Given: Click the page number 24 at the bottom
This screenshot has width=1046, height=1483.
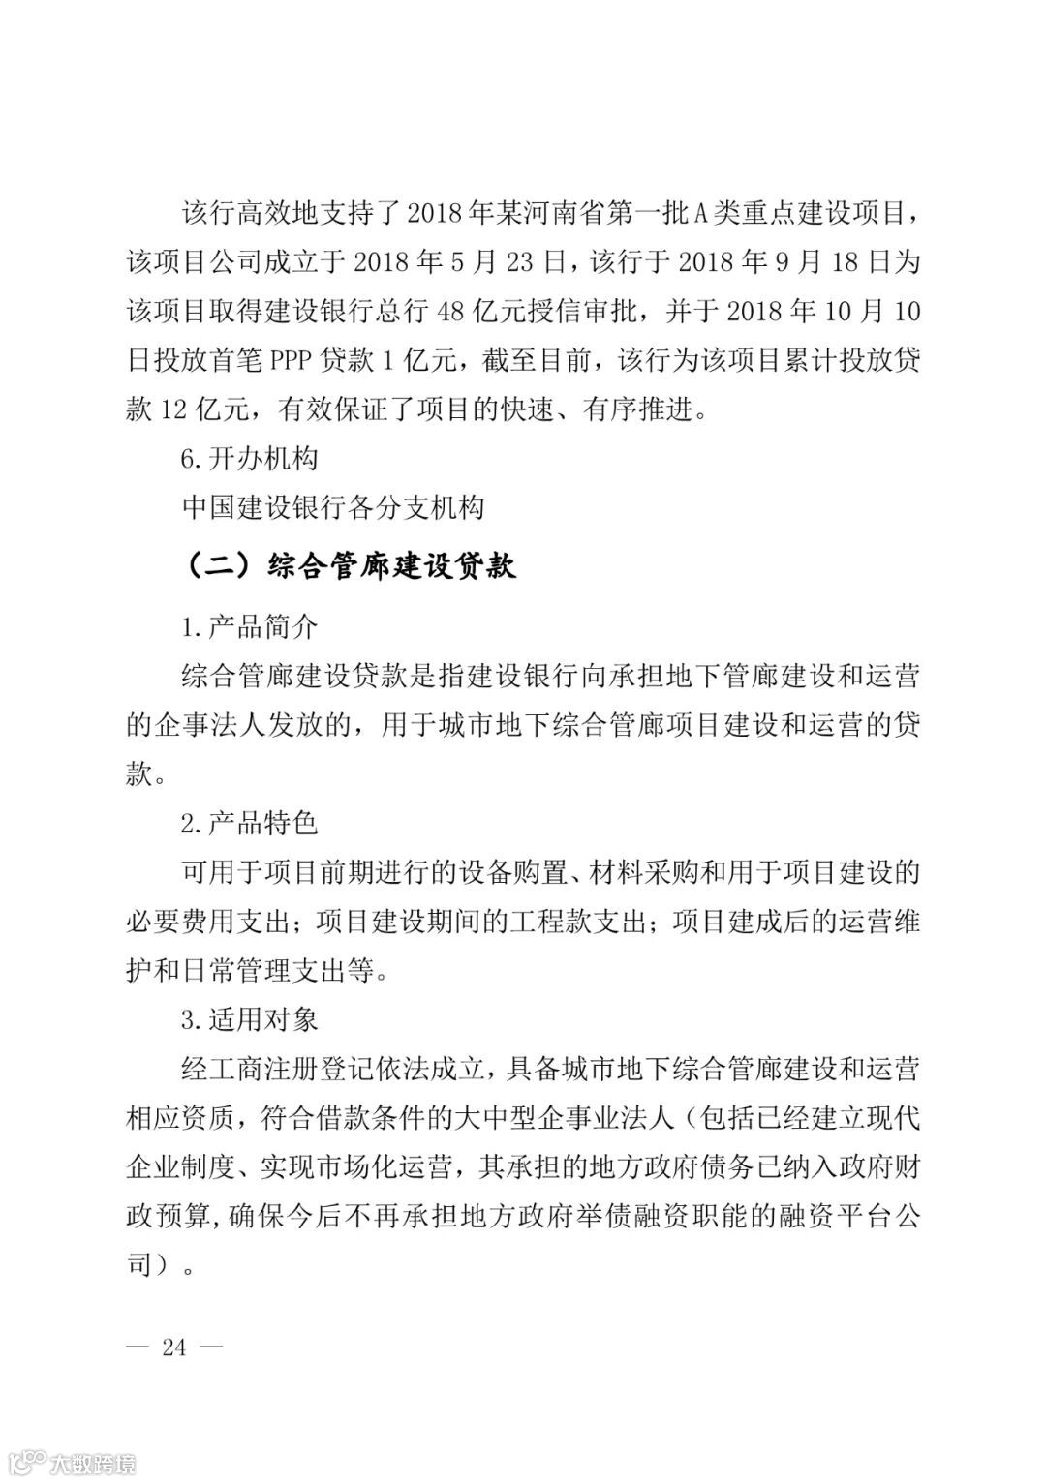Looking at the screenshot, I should (x=174, y=1347).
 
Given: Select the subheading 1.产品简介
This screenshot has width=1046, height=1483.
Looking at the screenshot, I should (x=249, y=627).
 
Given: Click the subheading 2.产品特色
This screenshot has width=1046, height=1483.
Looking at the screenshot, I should (x=249, y=824).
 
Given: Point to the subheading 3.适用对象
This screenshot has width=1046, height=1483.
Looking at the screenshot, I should (x=249, y=1019).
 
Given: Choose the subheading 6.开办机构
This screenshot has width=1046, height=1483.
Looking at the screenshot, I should (x=249, y=458).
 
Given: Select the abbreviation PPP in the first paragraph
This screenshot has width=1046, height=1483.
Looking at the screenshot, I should (x=292, y=360).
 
